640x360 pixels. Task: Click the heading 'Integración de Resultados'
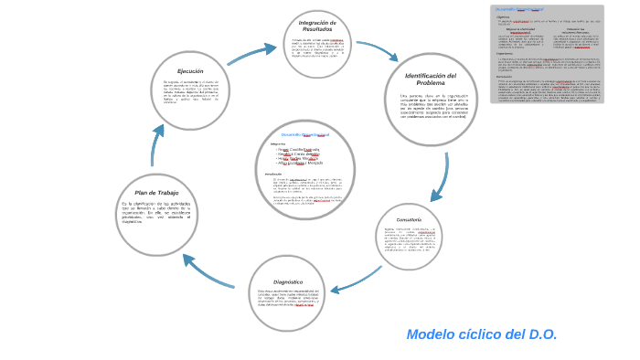click(317, 26)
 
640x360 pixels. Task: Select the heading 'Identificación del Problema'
click(430, 79)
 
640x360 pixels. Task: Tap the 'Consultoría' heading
click(409, 220)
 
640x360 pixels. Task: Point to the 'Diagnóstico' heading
click(287, 282)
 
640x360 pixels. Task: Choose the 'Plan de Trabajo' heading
click(156, 193)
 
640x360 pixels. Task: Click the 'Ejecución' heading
click(190, 71)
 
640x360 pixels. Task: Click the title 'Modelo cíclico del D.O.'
click(481, 334)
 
